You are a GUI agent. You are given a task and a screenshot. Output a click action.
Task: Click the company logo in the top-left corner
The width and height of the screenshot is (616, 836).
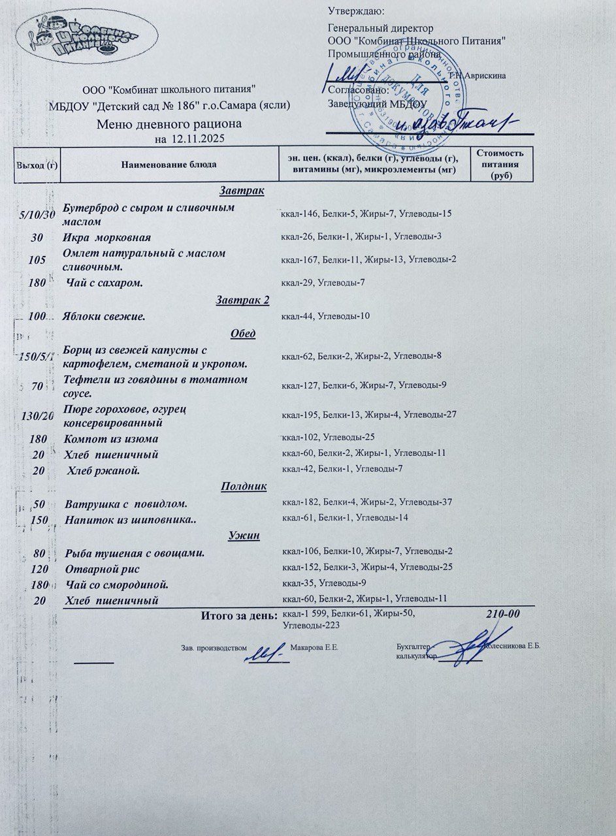(87, 39)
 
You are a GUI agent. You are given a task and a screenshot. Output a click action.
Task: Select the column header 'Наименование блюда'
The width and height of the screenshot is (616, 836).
(169, 164)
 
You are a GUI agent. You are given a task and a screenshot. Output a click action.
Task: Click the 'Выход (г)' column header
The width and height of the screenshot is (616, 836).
(37, 165)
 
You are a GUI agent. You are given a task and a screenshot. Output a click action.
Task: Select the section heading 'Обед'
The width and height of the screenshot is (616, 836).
(243, 334)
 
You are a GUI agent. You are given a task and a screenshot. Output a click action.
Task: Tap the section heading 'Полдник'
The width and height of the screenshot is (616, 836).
(242, 486)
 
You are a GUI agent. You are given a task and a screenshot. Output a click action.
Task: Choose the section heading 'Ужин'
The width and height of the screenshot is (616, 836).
(244, 536)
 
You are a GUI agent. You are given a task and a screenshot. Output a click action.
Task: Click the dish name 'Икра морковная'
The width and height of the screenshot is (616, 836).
(107, 237)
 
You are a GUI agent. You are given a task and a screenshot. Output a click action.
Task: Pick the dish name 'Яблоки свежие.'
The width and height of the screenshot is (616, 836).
(104, 317)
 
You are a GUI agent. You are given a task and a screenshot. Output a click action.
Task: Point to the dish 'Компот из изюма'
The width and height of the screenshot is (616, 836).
(112, 438)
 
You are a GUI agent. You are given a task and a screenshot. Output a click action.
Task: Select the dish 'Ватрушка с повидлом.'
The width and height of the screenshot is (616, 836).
(127, 504)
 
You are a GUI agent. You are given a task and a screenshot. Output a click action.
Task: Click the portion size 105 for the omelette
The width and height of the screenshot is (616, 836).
(37, 259)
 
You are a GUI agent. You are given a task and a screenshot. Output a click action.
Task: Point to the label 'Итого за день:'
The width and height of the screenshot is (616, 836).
(238, 615)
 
